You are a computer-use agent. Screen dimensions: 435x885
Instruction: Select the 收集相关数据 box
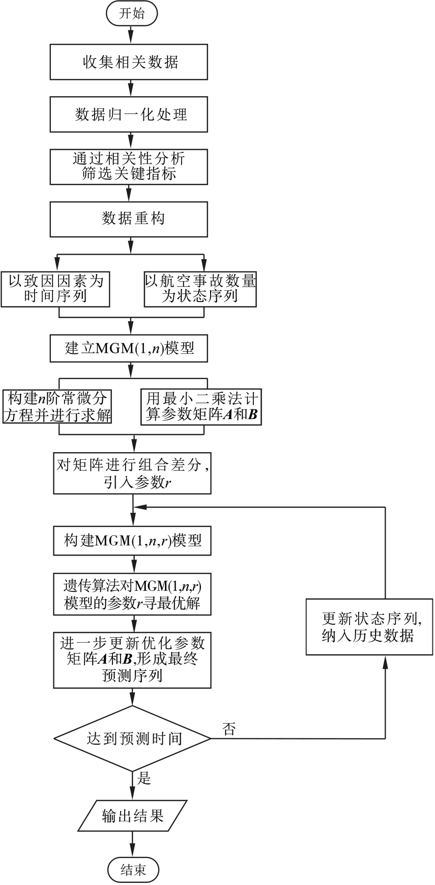coord(129,62)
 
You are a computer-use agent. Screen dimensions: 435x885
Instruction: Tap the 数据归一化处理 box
coord(129,114)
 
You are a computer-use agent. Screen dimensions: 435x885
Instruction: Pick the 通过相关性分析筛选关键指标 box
coord(129,166)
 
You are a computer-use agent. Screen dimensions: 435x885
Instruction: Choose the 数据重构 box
coord(129,219)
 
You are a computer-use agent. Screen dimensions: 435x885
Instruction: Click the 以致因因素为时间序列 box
coord(55,289)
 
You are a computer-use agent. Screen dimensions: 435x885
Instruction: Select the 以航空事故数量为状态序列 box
coord(200,289)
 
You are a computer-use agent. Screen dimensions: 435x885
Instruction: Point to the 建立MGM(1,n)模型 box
coord(129,348)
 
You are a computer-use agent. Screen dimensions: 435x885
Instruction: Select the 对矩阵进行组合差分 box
coord(132,473)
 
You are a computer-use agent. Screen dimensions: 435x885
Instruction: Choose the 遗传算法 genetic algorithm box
coord(132,594)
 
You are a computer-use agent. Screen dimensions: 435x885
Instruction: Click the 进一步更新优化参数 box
coord(132,660)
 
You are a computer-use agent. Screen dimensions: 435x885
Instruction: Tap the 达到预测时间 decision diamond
coord(132,738)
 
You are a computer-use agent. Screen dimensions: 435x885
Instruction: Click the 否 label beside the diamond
coord(229,729)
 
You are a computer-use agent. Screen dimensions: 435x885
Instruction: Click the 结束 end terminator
coord(133,870)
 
